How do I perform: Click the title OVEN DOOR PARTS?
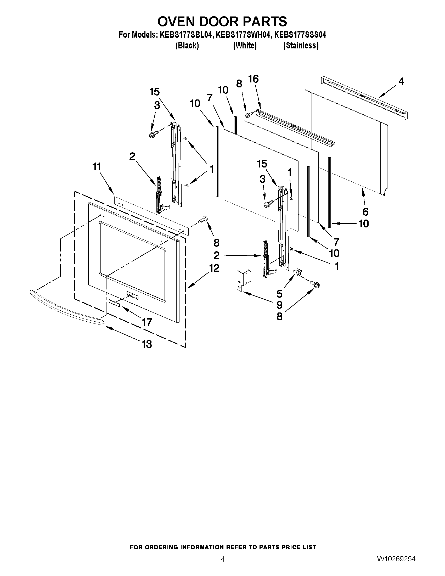pos(222,21)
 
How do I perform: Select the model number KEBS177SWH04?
pos(243,35)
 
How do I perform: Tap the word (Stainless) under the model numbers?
pos(301,46)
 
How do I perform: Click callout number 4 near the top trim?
pos(401,82)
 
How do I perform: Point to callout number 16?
pos(253,79)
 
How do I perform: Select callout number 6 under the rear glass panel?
pos(365,211)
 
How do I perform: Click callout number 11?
pos(97,167)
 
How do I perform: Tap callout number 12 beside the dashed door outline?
pos(214,268)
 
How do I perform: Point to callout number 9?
pos(279,305)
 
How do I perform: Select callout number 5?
pos(279,294)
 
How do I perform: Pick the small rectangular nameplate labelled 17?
pos(114,303)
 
